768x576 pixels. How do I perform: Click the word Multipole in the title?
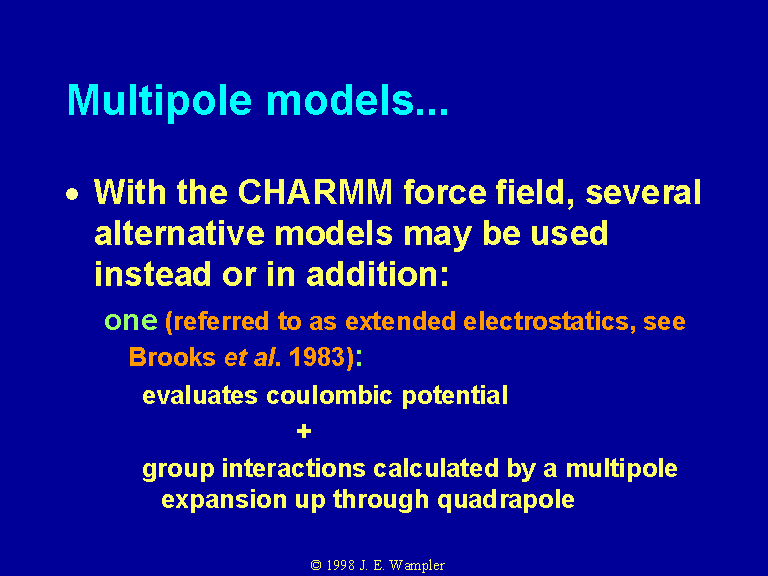[x=160, y=101]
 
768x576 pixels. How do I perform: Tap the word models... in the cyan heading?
[x=357, y=100]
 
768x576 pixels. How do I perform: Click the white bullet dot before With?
[x=72, y=195]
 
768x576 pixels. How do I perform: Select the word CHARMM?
[x=315, y=192]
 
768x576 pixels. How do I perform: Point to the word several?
[x=643, y=192]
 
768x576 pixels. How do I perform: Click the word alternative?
[x=179, y=233]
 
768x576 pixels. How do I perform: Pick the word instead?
[x=152, y=274]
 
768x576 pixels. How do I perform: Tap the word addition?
[x=377, y=274]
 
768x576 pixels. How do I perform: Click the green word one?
[x=131, y=322]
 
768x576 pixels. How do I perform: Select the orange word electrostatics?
[x=546, y=322]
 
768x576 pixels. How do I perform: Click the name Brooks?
[x=172, y=357]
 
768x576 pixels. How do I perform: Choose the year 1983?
[x=317, y=357]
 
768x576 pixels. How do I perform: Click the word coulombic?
[x=329, y=396]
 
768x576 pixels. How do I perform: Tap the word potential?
[x=455, y=396]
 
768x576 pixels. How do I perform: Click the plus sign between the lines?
[x=304, y=432]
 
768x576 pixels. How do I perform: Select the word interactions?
[x=293, y=468]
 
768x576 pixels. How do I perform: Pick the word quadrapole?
[x=505, y=501]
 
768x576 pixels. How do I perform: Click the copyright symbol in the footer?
[x=316, y=565]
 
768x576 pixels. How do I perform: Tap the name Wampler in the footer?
[x=417, y=566]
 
